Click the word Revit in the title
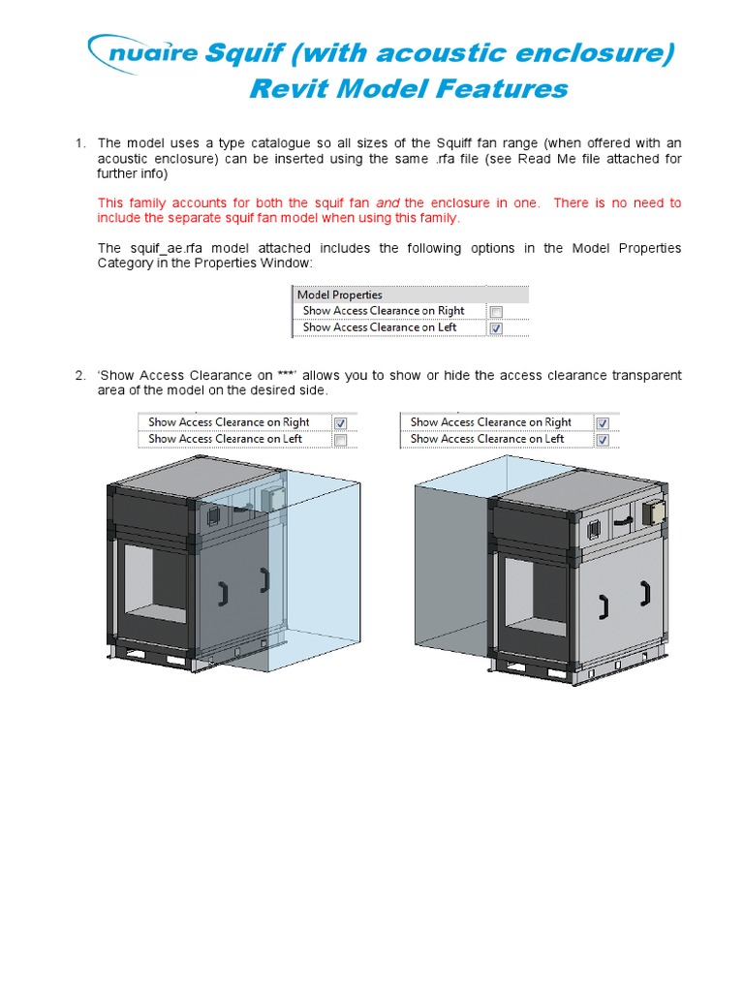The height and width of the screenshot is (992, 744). coord(291,89)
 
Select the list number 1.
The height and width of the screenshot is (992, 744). coord(80,143)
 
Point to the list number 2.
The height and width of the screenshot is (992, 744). coord(80,375)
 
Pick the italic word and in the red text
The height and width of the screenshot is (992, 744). coord(387,203)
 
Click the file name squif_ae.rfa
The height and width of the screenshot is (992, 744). coord(169,249)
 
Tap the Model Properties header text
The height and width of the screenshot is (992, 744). coord(340,294)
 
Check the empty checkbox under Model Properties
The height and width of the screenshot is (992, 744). coord(496,312)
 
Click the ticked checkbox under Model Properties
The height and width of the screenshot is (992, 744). coord(496,328)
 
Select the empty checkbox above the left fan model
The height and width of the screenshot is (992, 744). coord(340,440)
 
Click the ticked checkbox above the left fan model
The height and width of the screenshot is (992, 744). coord(340,423)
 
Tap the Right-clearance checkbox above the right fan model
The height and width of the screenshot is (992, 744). coord(602,423)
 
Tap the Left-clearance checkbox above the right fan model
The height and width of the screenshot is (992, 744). coord(602,440)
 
